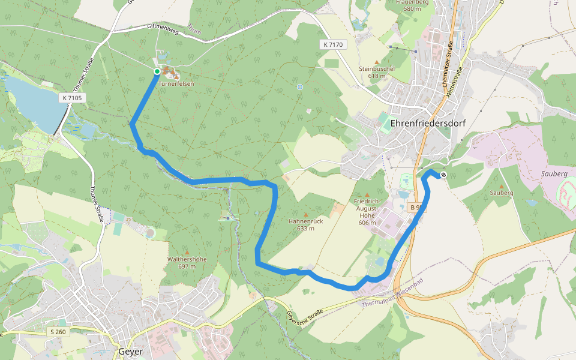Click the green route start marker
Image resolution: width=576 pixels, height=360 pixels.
tap(157, 71)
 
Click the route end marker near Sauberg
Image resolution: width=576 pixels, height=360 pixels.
tap(443, 175)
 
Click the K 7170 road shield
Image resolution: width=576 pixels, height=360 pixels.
tap(332, 45)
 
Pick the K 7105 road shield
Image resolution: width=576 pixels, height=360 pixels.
tap(72, 98)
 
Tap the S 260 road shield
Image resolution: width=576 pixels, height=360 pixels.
tap(58, 332)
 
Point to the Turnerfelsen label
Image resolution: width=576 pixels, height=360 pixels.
tap(176, 84)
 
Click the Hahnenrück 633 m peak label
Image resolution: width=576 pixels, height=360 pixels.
tap(306, 224)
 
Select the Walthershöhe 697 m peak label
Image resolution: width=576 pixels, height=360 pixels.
tap(187, 262)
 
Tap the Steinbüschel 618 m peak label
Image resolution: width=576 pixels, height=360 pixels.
tap(377, 72)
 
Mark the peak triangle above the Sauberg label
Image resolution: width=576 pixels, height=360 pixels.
tap(502, 186)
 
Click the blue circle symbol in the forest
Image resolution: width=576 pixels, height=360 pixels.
tap(300, 88)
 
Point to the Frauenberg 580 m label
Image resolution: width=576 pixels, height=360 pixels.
tap(412, 5)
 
